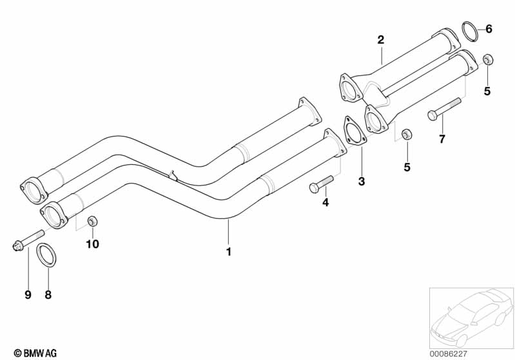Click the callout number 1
pos(228,251)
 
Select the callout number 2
pos(381,40)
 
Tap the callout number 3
pos(362,182)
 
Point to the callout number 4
pos(326,202)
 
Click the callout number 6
pos(489,28)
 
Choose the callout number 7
pos(442,138)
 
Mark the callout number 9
pos(28,295)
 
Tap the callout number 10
pos(93,243)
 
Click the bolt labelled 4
pos(321,184)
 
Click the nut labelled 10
pos(92,222)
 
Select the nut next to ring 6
pos(488,60)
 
